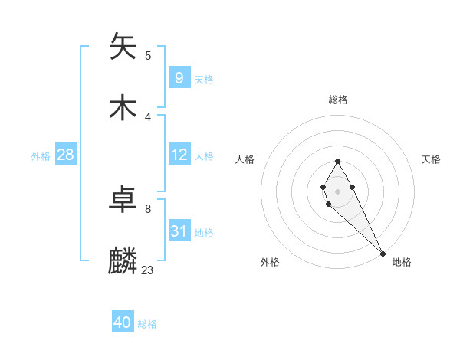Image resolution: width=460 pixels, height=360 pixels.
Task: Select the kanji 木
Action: click(123, 108)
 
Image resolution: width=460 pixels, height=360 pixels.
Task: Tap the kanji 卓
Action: click(123, 200)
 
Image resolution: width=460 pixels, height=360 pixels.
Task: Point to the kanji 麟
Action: click(123, 261)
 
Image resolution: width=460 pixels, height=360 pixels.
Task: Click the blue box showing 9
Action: click(179, 77)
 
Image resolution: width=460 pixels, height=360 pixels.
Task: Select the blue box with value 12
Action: click(179, 155)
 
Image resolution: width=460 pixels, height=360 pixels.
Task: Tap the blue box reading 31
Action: click(179, 231)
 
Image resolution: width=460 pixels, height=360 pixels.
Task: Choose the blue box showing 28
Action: click(66, 155)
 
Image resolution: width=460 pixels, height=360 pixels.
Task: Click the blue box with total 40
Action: click(123, 322)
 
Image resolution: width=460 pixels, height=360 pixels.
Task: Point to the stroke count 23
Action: click(148, 270)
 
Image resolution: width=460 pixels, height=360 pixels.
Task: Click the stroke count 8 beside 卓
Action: click(148, 208)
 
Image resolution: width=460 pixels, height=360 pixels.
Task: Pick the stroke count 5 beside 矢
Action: click(148, 55)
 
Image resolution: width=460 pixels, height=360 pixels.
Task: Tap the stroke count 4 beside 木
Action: click(148, 116)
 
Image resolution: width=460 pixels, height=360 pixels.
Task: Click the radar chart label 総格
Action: click(338, 100)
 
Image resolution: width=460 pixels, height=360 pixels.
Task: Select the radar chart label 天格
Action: click(431, 159)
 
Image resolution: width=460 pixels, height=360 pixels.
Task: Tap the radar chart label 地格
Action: click(402, 262)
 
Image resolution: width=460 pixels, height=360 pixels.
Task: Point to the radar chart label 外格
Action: click(270, 262)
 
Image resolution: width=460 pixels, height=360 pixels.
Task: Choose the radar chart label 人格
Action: click(245, 159)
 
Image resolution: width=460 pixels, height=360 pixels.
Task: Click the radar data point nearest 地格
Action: click(383, 253)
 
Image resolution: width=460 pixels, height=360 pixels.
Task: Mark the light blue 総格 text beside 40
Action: click(147, 324)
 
